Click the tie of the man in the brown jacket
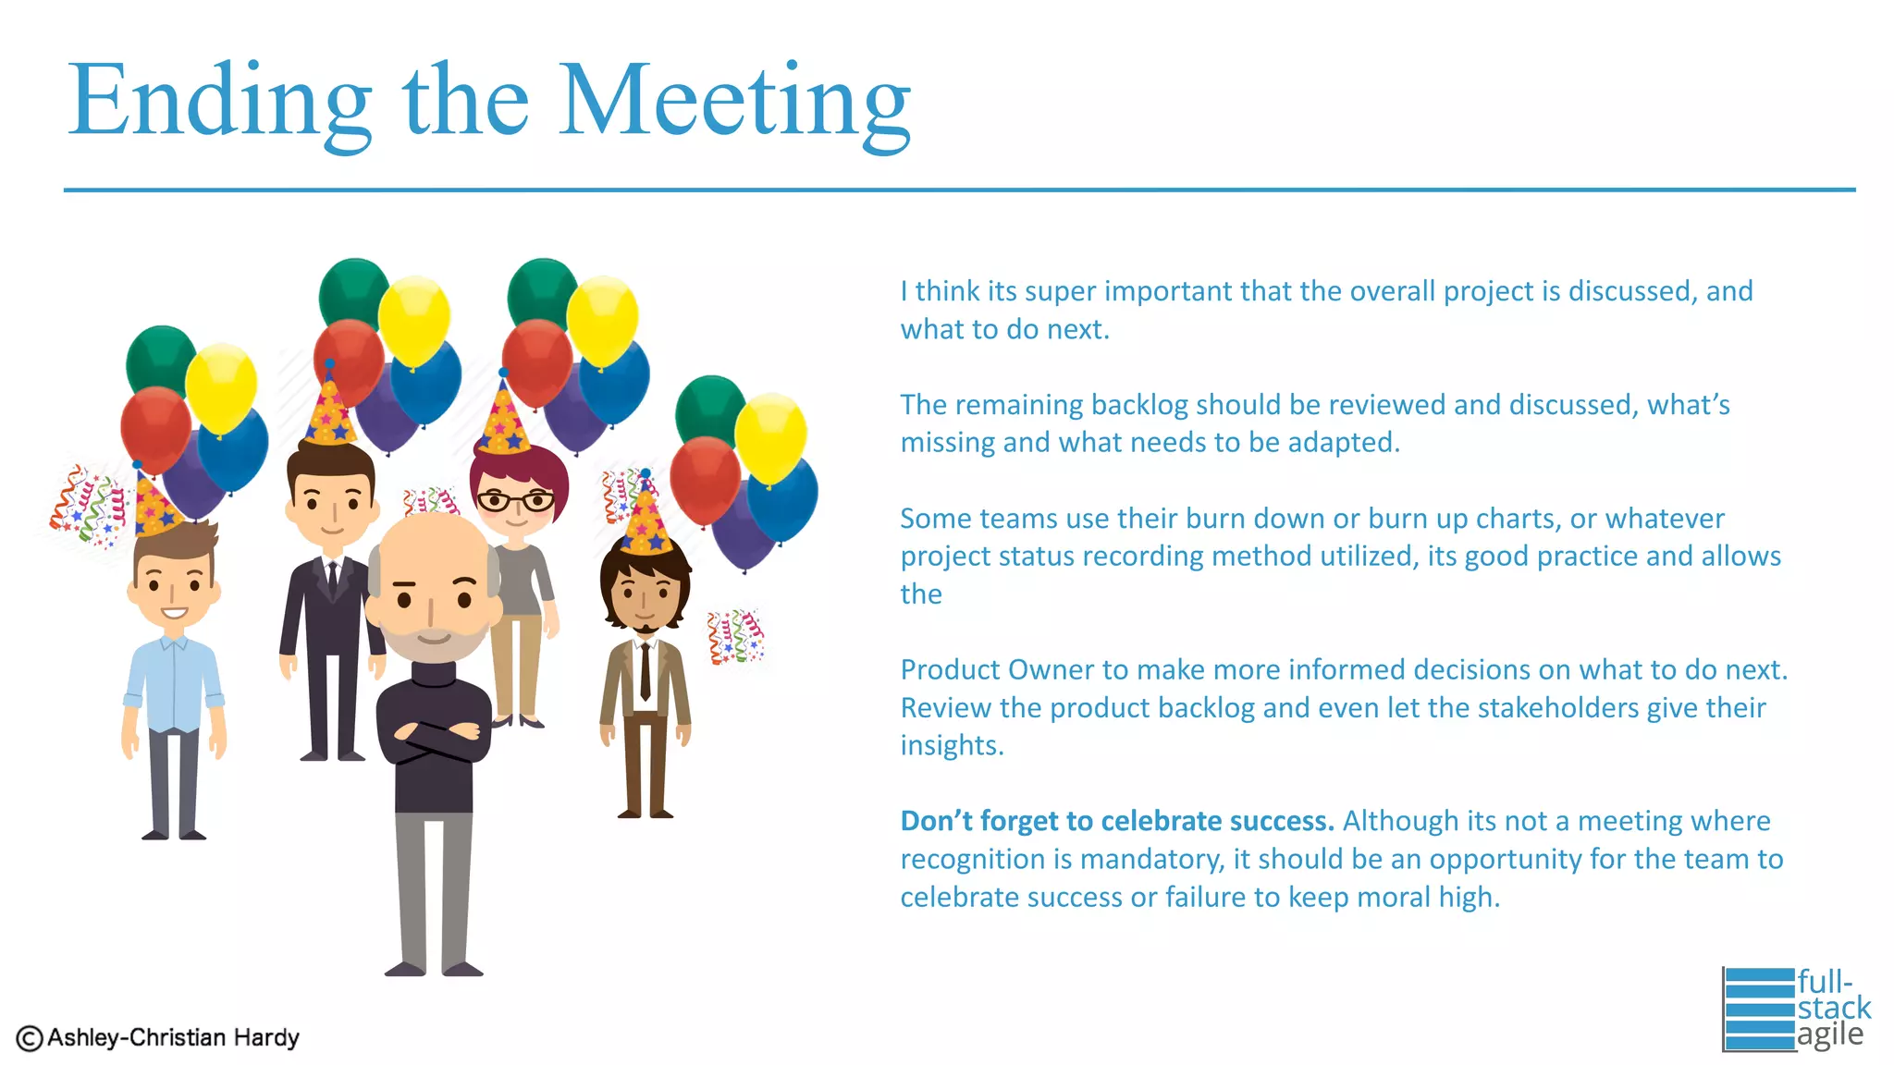pos(645,670)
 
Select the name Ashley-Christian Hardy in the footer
pos(173,1037)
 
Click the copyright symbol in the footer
pos(29,1038)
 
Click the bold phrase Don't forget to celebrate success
pos(1116,821)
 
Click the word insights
pos(951,745)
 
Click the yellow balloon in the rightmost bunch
pos(770,437)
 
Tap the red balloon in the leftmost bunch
pos(154,428)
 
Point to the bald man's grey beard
pos(431,642)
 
